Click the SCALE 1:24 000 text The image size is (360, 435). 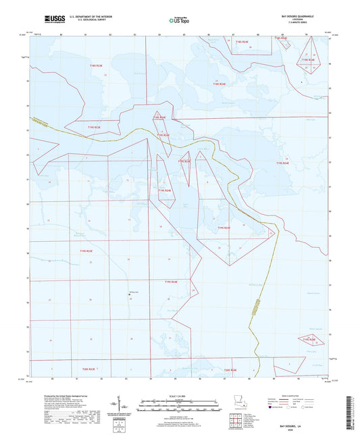[x=180, y=396]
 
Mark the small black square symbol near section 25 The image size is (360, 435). [x=130, y=294]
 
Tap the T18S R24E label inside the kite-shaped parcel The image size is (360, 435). [x=308, y=60]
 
